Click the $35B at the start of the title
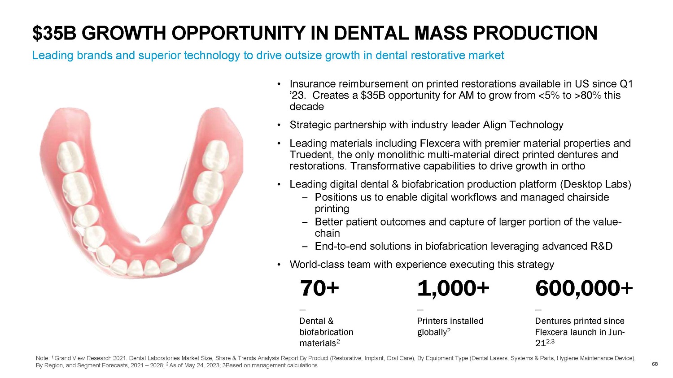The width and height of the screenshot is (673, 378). pyautogui.click(x=54, y=33)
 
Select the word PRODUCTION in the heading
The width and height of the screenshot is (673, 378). pyautogui.click(x=535, y=33)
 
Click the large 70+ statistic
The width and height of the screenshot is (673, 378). pyautogui.click(x=319, y=288)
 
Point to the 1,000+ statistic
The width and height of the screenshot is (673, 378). pyautogui.click(x=453, y=288)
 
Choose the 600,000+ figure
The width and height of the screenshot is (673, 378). pyautogui.click(x=584, y=288)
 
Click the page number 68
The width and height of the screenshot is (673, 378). pyautogui.click(x=655, y=364)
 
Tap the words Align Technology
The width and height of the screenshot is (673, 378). pyautogui.click(x=523, y=125)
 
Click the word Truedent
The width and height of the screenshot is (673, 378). pyautogui.click(x=310, y=155)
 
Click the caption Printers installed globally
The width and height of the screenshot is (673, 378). pyautogui.click(x=450, y=326)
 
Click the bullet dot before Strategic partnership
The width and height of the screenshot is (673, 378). pyautogui.click(x=279, y=125)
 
